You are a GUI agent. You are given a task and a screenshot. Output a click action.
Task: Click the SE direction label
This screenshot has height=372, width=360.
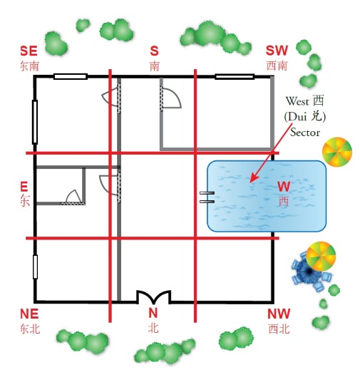(29, 51)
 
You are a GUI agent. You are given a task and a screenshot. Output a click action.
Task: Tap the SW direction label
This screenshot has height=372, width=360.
(277, 51)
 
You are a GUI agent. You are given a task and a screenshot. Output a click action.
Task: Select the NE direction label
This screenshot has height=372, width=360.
(29, 314)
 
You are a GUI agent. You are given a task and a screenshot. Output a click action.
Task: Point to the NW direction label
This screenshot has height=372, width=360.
(279, 314)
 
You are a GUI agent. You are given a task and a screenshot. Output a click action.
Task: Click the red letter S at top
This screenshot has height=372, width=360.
(154, 51)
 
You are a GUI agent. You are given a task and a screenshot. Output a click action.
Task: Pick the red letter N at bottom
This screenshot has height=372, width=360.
(153, 313)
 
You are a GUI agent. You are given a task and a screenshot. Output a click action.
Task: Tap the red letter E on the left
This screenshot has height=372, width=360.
(24, 186)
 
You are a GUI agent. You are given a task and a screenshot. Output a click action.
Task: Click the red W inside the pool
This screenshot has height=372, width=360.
(284, 186)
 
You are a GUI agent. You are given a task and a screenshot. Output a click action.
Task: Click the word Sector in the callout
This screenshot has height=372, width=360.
(305, 133)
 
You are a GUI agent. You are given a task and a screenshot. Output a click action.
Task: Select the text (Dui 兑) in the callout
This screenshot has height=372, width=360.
(305, 116)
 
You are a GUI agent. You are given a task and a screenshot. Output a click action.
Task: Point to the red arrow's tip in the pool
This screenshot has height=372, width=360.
(250, 182)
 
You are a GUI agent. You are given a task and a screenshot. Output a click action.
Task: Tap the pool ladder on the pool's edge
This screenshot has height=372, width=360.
(207, 197)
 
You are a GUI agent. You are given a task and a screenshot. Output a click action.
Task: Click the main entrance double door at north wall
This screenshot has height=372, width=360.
(154, 297)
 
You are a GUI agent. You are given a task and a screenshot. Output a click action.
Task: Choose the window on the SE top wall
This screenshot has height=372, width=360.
(71, 76)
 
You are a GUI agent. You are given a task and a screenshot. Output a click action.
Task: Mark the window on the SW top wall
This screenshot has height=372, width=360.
(235, 76)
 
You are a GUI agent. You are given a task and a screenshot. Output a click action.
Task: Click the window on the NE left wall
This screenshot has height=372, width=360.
(35, 267)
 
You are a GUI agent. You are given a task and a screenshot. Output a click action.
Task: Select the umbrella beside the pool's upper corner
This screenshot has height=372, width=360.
(337, 152)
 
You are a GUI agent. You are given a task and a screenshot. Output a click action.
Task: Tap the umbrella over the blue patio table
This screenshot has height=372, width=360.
(321, 257)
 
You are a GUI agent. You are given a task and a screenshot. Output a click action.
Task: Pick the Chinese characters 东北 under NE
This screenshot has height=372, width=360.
(30, 329)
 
